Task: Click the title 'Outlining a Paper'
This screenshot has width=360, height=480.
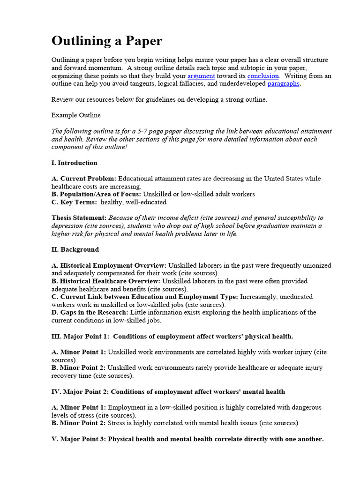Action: (x=107, y=41)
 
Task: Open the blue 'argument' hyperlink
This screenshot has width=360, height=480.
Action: (x=201, y=76)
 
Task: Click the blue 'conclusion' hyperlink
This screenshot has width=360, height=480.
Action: (x=263, y=76)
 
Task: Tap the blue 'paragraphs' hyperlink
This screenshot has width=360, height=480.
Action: (x=283, y=84)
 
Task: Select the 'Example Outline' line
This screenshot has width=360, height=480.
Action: (x=76, y=115)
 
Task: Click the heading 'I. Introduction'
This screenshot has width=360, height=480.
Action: (x=75, y=163)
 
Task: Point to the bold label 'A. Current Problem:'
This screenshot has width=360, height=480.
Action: (x=84, y=179)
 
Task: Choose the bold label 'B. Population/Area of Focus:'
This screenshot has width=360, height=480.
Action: (x=97, y=194)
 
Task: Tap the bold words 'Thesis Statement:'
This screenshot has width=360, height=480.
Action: (x=79, y=218)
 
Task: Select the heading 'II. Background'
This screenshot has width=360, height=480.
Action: (x=75, y=249)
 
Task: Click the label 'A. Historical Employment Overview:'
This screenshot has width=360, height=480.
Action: (x=109, y=265)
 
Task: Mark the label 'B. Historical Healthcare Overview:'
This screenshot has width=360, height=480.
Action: (x=106, y=281)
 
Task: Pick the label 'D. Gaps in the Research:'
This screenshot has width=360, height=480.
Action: (x=90, y=312)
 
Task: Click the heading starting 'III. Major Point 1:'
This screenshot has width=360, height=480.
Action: (x=172, y=337)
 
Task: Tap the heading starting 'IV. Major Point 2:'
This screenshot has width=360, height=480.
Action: (x=168, y=392)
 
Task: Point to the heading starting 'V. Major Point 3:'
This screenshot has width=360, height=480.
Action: (x=187, y=439)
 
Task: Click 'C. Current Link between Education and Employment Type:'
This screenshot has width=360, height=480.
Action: (x=145, y=297)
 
